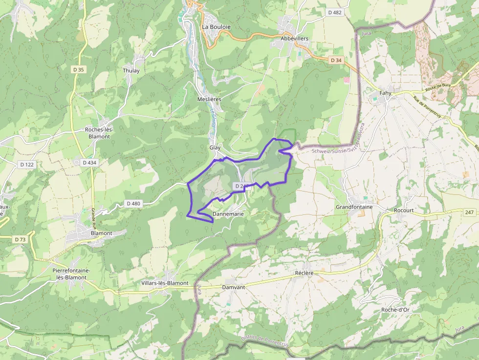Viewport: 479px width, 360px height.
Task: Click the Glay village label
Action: [215, 148]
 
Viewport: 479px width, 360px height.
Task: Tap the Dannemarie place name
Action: [228, 214]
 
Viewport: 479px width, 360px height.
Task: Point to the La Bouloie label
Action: [216, 27]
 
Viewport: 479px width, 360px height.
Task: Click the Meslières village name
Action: [209, 99]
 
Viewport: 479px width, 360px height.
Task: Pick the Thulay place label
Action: [131, 70]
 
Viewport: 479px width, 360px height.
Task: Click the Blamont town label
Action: [102, 233]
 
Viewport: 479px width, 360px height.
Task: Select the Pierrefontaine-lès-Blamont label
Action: [71, 274]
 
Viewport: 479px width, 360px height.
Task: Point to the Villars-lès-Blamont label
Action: [165, 283]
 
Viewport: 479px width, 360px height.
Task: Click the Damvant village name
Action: [233, 288]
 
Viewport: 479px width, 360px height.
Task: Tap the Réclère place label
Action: [304, 273]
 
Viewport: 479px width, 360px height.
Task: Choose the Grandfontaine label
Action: [354, 207]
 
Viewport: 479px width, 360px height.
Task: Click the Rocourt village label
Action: [404, 211]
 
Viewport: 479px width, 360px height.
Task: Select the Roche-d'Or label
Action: [395, 310]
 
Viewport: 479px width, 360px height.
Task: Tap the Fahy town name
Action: [386, 93]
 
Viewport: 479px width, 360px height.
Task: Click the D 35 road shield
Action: [78, 69]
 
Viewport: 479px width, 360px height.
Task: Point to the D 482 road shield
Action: [335, 12]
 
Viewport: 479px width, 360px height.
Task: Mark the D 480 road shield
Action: [133, 203]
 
